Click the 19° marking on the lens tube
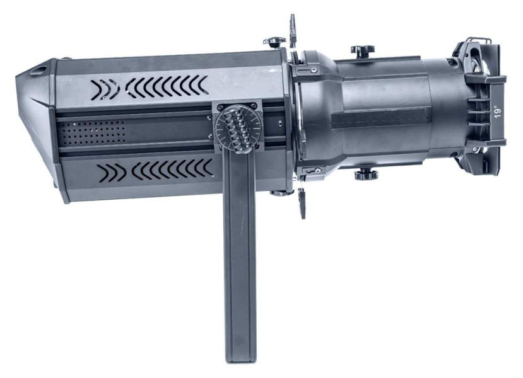[498, 112]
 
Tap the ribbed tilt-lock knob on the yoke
[237, 129]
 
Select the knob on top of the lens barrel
[362, 51]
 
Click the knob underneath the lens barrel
[365, 175]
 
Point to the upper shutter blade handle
[293, 31]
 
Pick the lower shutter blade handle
[302, 202]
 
